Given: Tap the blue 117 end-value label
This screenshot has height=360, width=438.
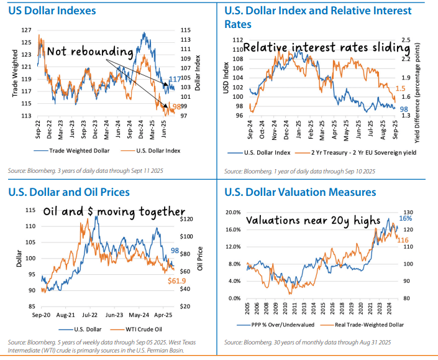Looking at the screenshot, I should point(175,79).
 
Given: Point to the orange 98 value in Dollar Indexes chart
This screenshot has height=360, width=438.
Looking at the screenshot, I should point(176,107).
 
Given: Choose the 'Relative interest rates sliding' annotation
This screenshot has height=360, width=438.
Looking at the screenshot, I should point(326,48).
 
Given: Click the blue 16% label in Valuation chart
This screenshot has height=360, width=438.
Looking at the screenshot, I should point(404,218).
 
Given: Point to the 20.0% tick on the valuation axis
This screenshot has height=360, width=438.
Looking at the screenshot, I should point(231,212).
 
